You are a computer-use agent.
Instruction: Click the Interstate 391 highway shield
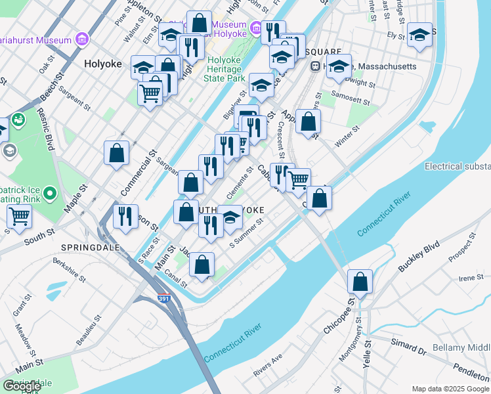pyautogui.click(x=165, y=299)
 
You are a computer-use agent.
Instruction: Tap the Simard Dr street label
pyautogui.click(x=408, y=344)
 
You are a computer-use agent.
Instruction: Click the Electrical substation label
pyautogui.click(x=458, y=166)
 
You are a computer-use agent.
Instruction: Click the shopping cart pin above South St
pyautogui.click(x=19, y=215)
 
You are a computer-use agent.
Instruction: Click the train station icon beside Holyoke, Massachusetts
pyautogui.click(x=315, y=66)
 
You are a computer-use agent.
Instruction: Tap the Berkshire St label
pyautogui.click(x=70, y=269)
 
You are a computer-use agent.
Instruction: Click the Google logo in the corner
pyautogui.click(x=22, y=386)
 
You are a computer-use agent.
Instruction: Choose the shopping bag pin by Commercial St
pyautogui.click(x=116, y=153)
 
